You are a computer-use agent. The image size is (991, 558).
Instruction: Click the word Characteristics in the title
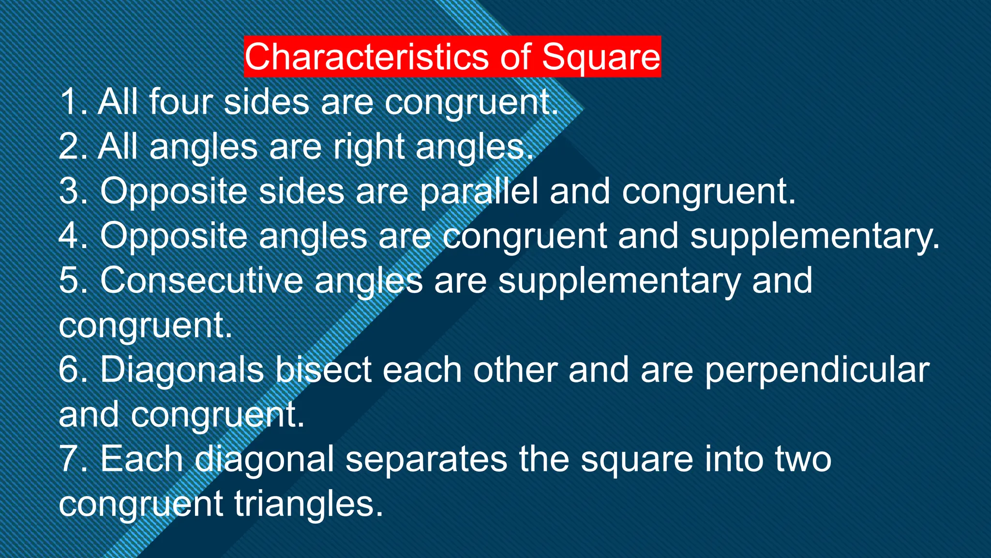tap(366, 57)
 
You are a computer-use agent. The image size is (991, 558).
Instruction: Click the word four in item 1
tap(180, 102)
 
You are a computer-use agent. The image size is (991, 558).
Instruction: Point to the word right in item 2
tap(369, 147)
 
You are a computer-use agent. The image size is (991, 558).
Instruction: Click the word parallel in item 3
tap(479, 192)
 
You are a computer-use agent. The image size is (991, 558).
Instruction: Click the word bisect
tap(324, 370)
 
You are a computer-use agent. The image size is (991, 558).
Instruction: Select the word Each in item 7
tap(141, 459)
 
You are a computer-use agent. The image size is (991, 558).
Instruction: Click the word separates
tap(426, 460)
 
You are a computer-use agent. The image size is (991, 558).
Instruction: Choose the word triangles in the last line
tap(305, 504)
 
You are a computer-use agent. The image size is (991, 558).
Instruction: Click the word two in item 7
tap(803, 459)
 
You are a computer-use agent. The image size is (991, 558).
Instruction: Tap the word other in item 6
tap(515, 370)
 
